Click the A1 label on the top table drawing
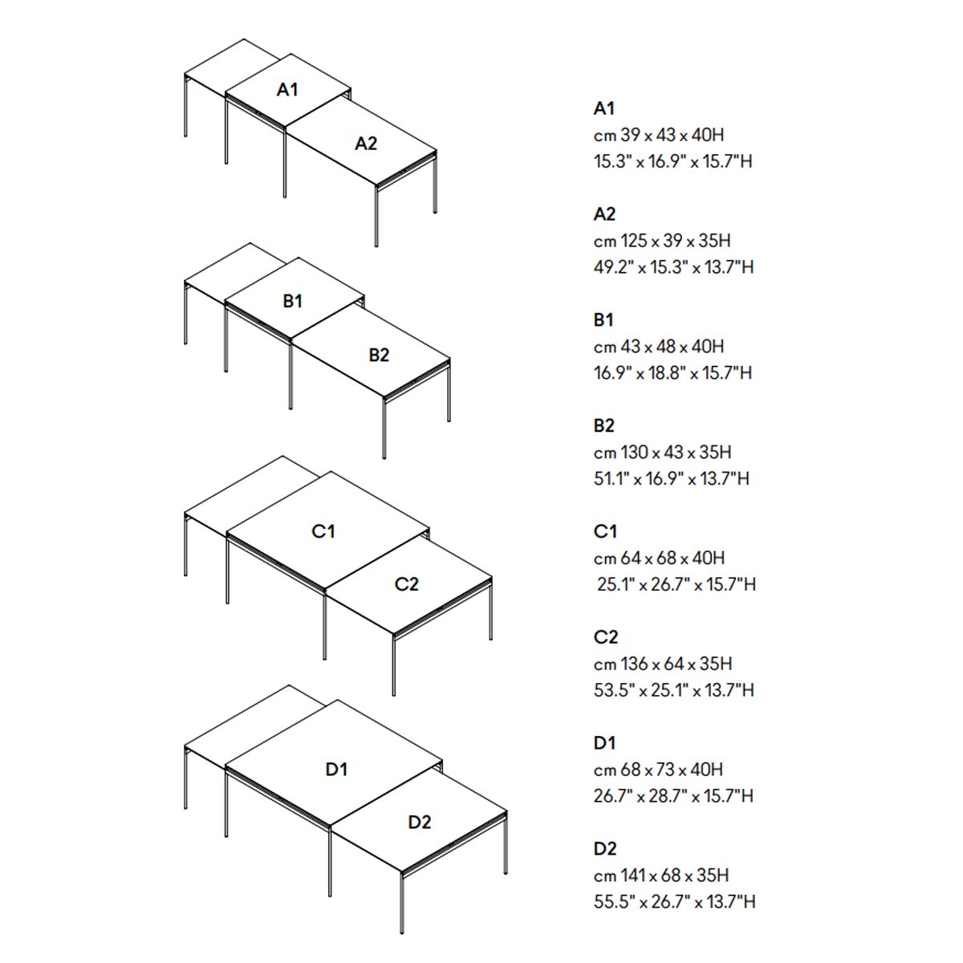click(287, 89)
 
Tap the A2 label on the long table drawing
click(366, 144)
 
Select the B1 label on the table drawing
click(293, 302)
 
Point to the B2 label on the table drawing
click(379, 356)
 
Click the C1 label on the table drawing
click(323, 531)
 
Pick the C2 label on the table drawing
click(406, 584)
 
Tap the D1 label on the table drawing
click(336, 769)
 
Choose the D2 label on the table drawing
click(419, 822)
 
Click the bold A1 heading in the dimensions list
click(604, 108)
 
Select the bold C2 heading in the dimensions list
click(606, 637)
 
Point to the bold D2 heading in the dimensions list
click(605, 848)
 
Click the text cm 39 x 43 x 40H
click(659, 135)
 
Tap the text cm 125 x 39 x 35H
click(662, 241)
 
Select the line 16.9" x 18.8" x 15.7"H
click(672, 373)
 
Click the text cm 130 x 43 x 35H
click(663, 453)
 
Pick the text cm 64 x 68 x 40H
click(659, 559)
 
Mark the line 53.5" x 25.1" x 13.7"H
click(673, 690)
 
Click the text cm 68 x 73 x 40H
click(658, 770)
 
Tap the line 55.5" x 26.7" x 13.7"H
click(675, 901)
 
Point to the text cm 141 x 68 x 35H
click(661, 876)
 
